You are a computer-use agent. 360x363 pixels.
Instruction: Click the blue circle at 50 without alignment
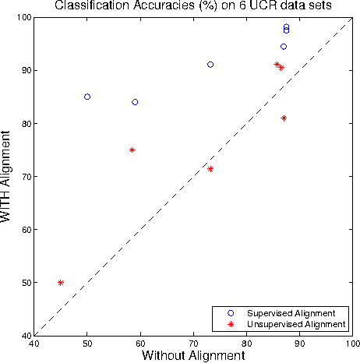87,97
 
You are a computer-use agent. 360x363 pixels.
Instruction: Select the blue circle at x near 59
135,102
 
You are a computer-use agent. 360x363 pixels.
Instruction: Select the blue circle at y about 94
284,47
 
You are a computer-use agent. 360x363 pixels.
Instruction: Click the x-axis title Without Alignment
193,355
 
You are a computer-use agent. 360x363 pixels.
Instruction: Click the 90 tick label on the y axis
24,71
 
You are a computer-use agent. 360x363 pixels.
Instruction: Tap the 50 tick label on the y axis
24,283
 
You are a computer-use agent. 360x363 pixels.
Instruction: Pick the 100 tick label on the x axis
352,343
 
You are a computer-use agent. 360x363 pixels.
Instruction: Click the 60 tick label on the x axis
140,343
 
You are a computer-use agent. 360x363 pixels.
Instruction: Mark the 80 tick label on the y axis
24,124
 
